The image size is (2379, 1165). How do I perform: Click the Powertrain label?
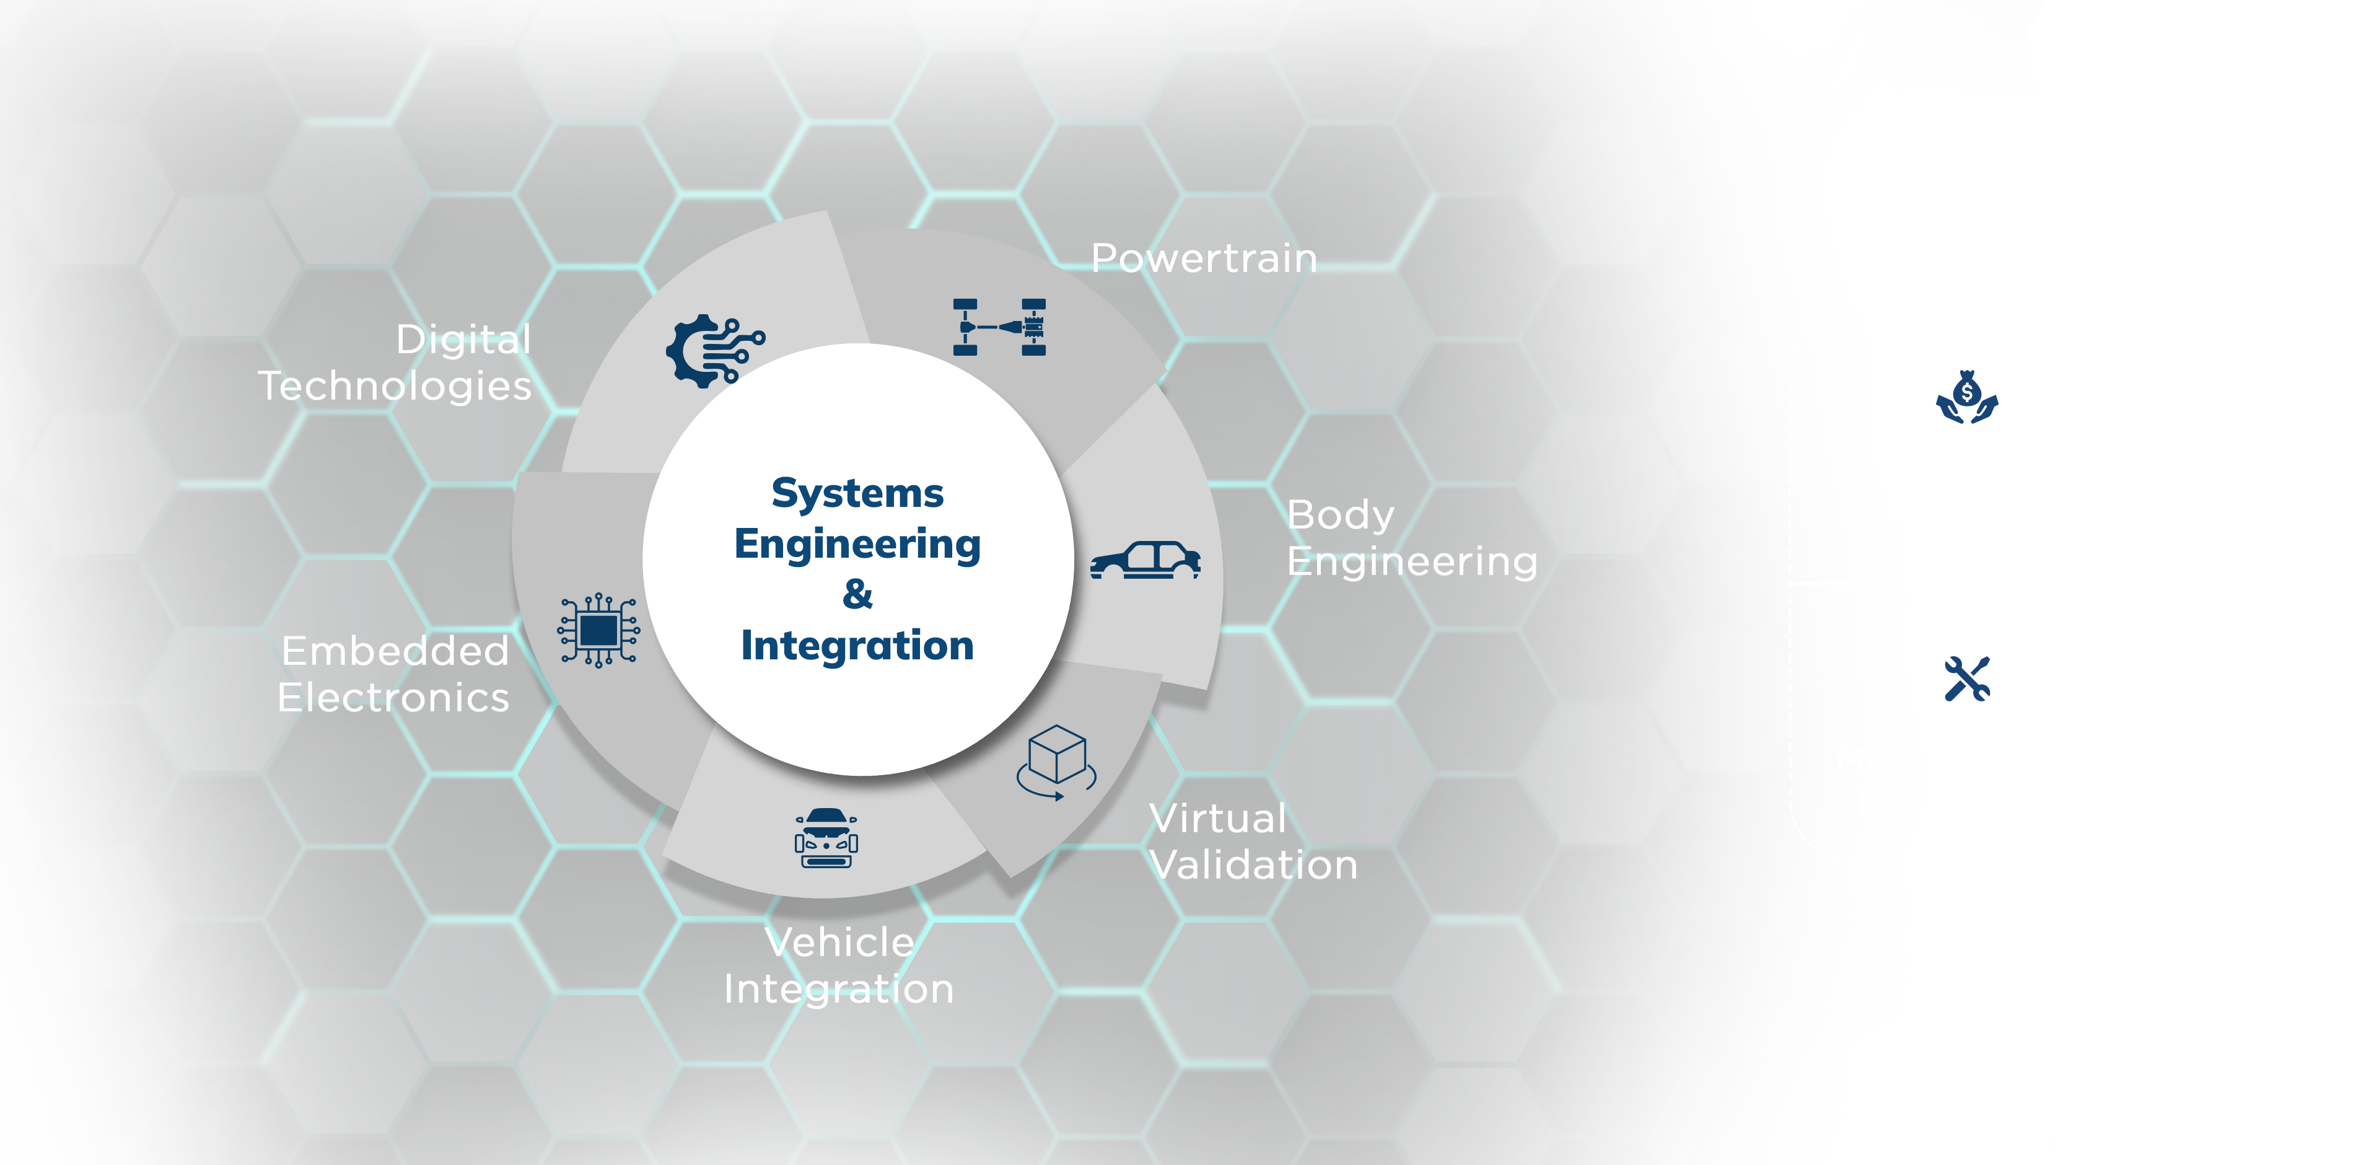pos(1203,258)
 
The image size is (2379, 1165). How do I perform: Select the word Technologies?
pos(395,386)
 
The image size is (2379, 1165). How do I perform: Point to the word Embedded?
pos(395,651)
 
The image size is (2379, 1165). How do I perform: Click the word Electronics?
pos(393,698)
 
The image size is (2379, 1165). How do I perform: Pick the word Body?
pos(1340,514)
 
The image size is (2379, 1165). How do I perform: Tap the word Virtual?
pos(1217,819)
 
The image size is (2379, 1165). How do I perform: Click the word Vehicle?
pos(839,943)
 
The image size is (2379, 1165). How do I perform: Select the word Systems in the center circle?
pos(857,493)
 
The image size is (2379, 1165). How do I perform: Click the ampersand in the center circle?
pos(857,594)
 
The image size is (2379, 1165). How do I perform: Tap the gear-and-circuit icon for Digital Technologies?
pos(714,350)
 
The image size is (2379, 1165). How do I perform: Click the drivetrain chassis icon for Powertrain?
pos(999,327)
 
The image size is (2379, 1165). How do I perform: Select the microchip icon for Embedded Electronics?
pos(598,631)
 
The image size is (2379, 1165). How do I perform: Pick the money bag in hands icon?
pos(1966,398)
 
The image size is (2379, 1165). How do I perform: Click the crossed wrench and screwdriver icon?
pos(1966,679)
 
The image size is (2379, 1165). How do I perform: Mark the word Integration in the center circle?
pos(857,645)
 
